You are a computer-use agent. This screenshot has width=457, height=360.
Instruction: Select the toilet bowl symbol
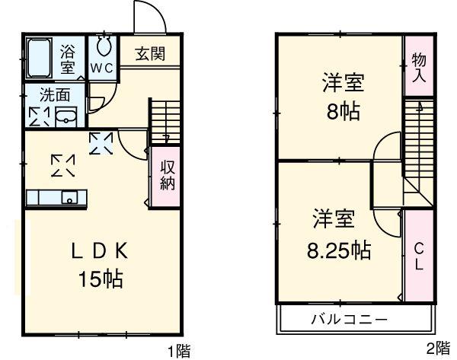tap(104, 46)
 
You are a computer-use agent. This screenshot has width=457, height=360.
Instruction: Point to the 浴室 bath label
tap(68, 59)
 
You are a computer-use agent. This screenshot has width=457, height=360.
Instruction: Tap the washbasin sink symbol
tap(66, 116)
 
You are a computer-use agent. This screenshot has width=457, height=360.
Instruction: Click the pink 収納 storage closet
tap(168, 175)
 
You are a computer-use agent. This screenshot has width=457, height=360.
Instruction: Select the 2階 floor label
tap(436, 349)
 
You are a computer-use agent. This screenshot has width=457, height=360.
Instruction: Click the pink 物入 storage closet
tap(418, 67)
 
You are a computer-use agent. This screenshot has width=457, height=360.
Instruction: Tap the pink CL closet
tap(418, 256)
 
